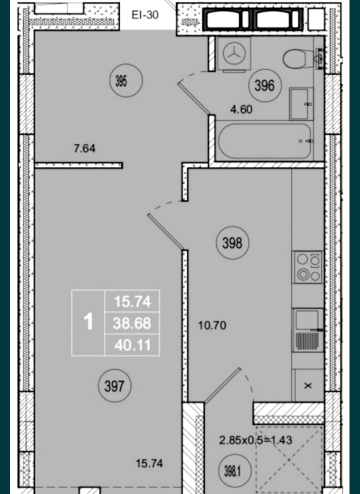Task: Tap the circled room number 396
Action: tap(265, 86)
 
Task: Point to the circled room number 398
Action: tap(232, 243)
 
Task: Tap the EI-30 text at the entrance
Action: tap(145, 15)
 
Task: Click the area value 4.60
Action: tap(241, 110)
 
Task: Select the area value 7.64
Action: tap(84, 149)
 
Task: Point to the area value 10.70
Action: tap(212, 326)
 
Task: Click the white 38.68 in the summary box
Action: tap(132, 324)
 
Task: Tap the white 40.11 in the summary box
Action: tap(133, 345)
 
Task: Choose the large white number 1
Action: tap(89, 322)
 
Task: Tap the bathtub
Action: tap(265, 141)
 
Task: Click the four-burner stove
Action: tap(308, 267)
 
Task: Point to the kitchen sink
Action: tap(308, 330)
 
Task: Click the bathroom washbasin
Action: tap(301, 104)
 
